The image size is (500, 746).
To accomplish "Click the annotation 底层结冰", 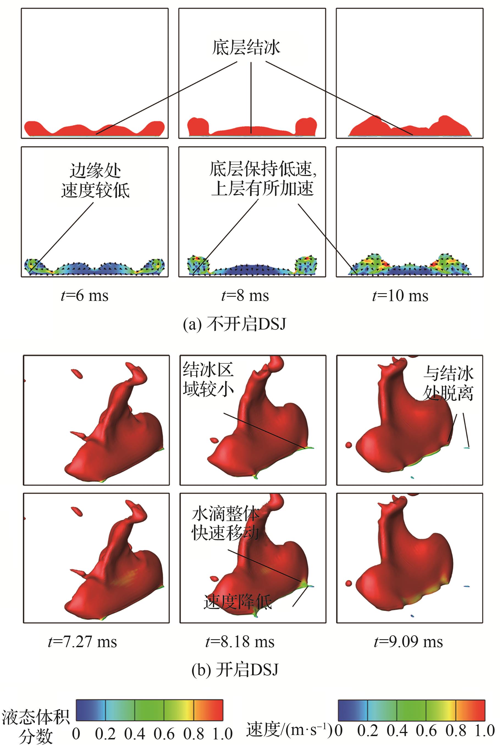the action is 246,47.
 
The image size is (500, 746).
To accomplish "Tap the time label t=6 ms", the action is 84,295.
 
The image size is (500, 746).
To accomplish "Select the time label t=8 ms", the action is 245,295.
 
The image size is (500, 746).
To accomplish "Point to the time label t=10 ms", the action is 400,295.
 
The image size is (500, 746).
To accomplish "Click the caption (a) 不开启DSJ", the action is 235,324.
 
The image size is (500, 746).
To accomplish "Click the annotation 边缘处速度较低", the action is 95,181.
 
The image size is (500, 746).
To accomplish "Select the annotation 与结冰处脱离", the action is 448,383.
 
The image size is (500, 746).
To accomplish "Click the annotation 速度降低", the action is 237,602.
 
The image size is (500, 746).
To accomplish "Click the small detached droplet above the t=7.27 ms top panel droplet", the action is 77,373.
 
